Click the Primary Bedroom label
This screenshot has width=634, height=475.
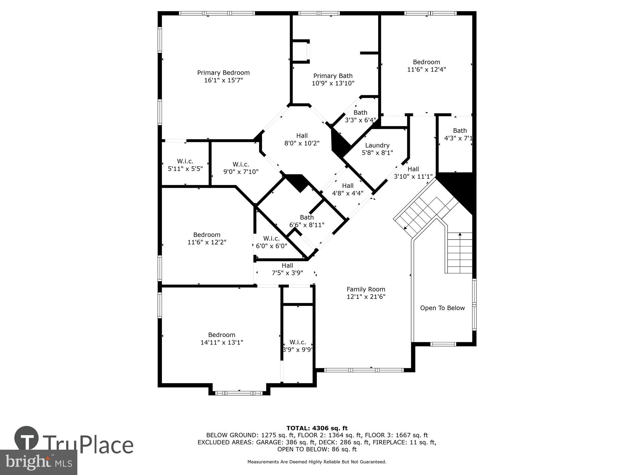point(223,73)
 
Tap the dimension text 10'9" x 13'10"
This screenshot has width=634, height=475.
point(333,83)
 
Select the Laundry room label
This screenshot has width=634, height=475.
point(377,145)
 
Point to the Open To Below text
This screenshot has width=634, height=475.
point(442,308)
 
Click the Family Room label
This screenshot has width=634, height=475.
point(366,289)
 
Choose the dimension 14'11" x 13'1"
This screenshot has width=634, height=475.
point(222,342)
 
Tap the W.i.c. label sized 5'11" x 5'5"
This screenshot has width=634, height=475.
point(185,161)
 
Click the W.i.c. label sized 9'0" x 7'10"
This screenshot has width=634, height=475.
point(241,164)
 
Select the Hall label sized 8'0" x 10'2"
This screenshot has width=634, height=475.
point(302,136)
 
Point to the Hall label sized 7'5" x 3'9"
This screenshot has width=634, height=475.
point(287,266)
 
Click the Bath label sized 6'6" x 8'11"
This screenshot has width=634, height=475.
point(307,218)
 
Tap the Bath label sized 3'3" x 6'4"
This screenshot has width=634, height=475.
point(360,113)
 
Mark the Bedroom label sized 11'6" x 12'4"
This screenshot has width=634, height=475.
point(426,62)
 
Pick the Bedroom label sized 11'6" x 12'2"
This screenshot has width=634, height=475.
point(207,235)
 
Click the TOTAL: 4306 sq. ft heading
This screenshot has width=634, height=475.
point(317,428)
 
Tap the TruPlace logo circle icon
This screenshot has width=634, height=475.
point(27,438)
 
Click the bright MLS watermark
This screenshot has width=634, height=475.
point(38,462)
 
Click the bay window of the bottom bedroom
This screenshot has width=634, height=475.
point(239,393)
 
